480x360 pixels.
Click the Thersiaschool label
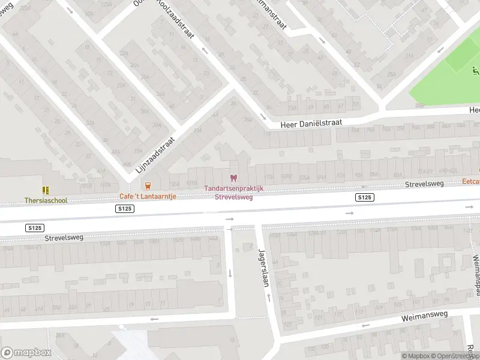[x=46, y=200]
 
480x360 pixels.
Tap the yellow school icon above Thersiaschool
[x=46, y=190]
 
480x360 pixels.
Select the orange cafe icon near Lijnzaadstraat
[x=148, y=186]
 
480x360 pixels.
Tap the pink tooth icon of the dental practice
[x=234, y=178]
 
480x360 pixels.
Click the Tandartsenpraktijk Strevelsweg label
[x=234, y=192]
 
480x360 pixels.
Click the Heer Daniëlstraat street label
[x=312, y=122]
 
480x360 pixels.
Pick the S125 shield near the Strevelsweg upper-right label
[x=364, y=197]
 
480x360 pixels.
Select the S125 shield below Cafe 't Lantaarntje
[x=124, y=208]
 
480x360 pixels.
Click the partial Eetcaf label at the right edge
[x=471, y=181]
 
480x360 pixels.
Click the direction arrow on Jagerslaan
[x=268, y=298]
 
